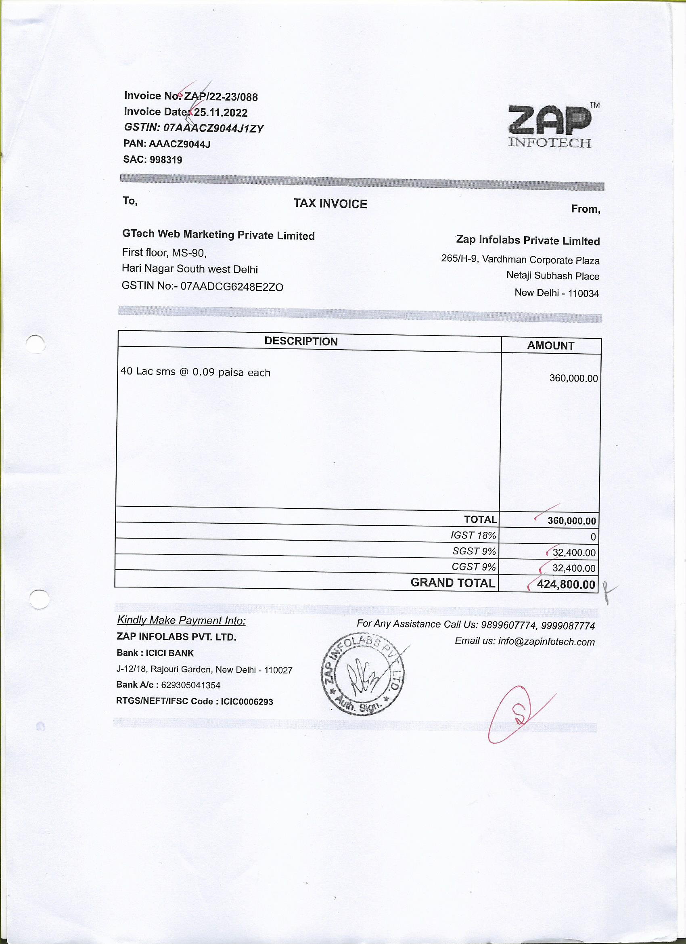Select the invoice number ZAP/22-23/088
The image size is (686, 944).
point(221,96)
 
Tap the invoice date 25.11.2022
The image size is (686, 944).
point(221,112)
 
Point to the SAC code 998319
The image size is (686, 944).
point(165,160)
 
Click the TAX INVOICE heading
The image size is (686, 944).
point(330,203)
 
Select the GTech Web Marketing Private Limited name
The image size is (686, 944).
point(218,235)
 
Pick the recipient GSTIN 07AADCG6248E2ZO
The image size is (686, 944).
point(232,287)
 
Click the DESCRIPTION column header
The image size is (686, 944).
point(301,341)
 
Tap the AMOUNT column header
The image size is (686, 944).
point(550,346)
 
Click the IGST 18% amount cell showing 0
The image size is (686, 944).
point(593,537)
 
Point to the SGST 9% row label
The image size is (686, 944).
point(474,551)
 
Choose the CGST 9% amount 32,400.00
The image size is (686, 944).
point(574,568)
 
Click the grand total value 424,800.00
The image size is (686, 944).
point(566,584)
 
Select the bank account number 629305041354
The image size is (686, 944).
point(190,685)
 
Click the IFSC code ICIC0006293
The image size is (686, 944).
point(247,702)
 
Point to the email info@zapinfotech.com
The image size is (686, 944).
point(546,642)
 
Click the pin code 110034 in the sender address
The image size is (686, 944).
point(583,294)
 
